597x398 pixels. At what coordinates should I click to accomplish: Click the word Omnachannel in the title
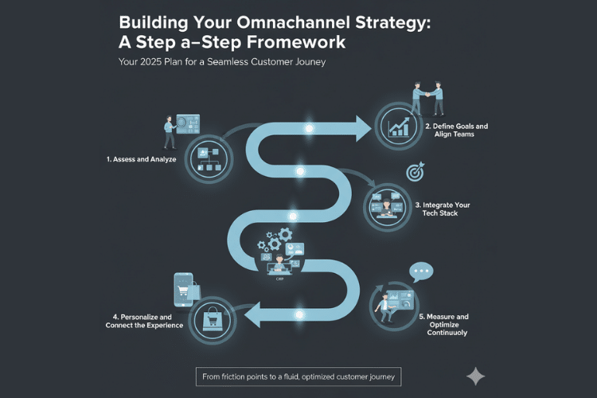293,22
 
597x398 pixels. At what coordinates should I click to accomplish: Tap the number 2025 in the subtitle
150,62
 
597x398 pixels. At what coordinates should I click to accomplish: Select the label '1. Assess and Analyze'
141,159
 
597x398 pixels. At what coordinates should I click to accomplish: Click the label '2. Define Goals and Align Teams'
457,130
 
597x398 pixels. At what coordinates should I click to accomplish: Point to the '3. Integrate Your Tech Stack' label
443,209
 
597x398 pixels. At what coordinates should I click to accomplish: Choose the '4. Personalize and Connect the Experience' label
144,321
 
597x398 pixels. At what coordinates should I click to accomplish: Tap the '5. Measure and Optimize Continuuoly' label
444,325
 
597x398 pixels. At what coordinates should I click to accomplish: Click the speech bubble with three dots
421,272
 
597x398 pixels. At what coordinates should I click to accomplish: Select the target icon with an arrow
416,172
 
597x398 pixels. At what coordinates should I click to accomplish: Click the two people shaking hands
428,98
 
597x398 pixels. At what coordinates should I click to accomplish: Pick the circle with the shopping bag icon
213,321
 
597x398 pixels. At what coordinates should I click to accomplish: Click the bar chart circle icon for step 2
398,126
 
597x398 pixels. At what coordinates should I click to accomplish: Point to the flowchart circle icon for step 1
209,159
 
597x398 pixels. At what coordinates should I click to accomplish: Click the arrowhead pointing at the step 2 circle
363,129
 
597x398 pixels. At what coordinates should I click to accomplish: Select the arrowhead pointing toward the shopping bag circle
252,314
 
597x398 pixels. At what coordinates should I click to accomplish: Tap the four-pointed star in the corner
475,377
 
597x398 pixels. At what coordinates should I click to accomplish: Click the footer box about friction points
298,377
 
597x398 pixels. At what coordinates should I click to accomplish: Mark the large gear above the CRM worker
285,234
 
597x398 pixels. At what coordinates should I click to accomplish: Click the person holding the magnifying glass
169,132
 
